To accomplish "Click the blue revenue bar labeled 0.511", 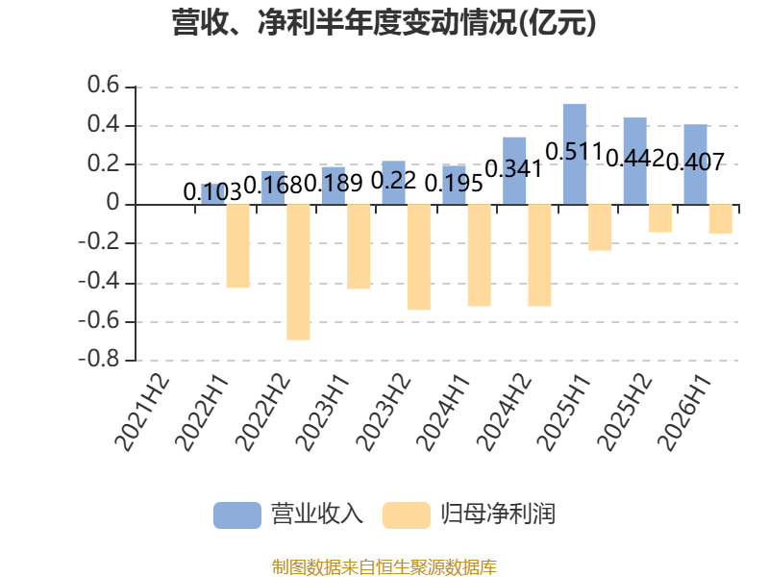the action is click(x=574, y=154).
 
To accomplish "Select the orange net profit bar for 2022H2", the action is click(x=298, y=272).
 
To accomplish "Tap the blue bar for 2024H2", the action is click(x=514, y=171).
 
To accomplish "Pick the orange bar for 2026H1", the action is click(x=720, y=219).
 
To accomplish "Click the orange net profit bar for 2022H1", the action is click(x=237, y=246).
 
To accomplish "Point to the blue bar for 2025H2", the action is click(x=634, y=161).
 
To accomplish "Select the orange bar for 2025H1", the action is click(x=600, y=228).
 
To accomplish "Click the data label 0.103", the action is click(x=212, y=191).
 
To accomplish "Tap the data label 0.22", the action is click(x=393, y=181).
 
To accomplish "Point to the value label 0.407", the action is click(x=695, y=162).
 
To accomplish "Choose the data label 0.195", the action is click(x=454, y=184).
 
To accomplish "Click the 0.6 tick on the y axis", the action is click(x=103, y=85).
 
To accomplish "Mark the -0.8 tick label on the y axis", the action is click(x=99, y=359).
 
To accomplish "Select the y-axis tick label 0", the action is click(x=112, y=202).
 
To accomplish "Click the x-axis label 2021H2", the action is click(x=141, y=414).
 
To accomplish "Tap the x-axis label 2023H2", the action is click(x=384, y=414).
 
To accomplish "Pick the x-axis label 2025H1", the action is click(x=564, y=414).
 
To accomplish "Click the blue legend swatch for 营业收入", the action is click(x=237, y=515).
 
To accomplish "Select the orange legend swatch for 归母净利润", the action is click(x=407, y=515).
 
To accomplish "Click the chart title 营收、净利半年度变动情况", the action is click(x=343, y=22).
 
